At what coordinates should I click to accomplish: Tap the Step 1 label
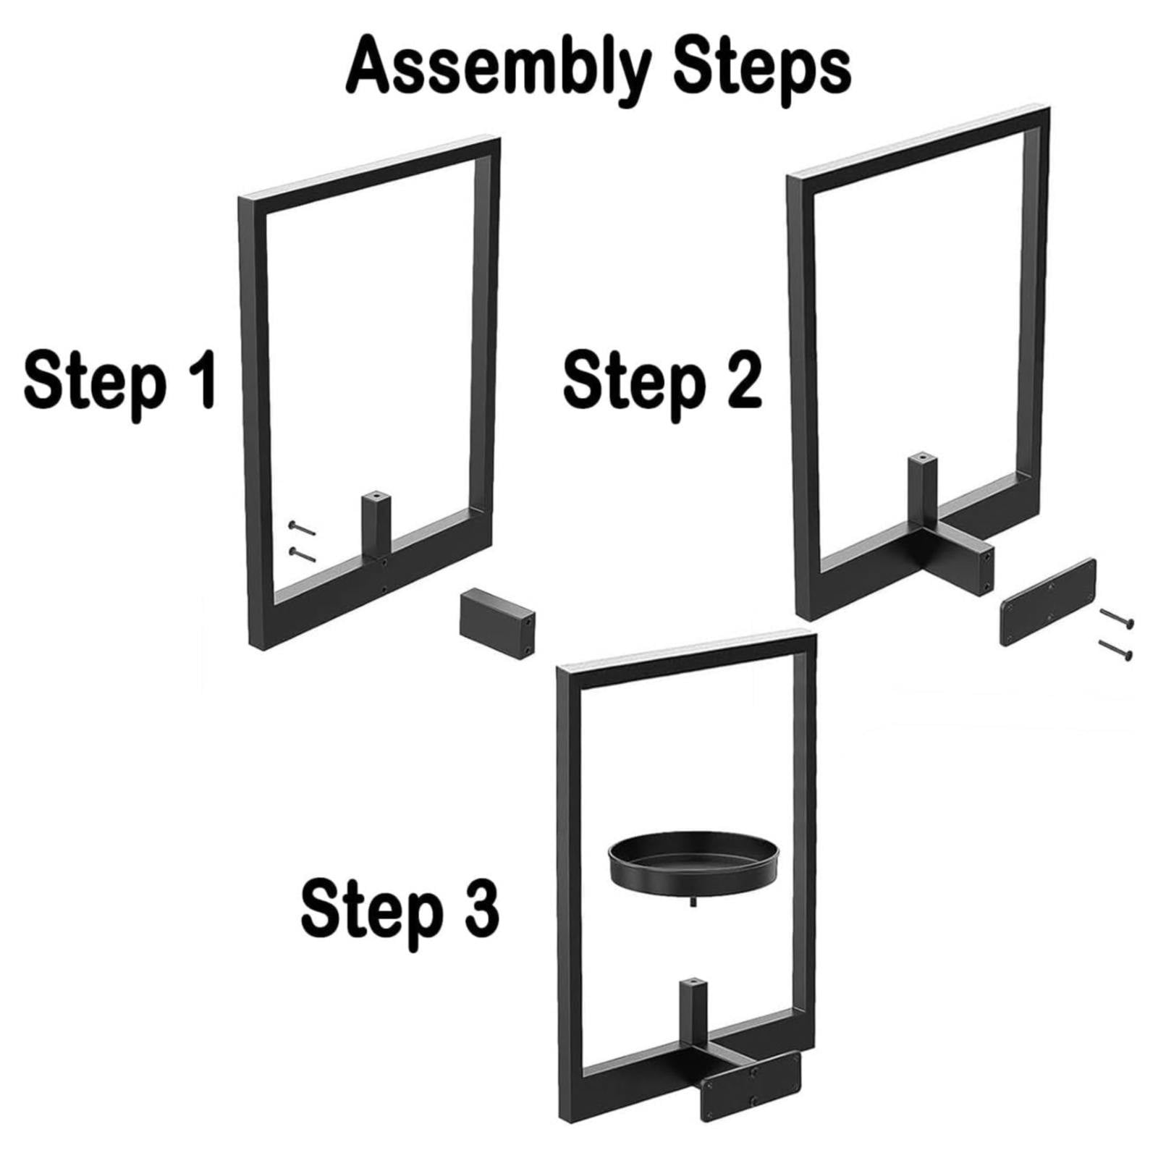coord(120,379)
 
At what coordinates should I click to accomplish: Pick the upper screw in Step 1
coord(302,528)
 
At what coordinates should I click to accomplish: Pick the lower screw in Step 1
coord(302,554)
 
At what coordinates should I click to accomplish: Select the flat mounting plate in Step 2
coord(1047,601)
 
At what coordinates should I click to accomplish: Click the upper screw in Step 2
coord(1117,619)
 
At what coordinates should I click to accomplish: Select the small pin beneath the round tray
coord(694,901)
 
